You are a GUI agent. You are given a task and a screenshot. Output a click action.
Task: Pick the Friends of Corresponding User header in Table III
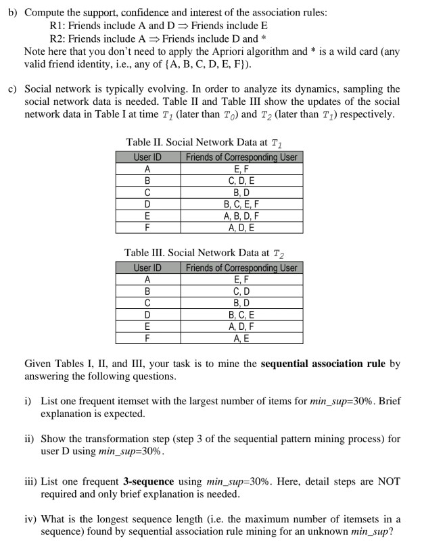click(241, 268)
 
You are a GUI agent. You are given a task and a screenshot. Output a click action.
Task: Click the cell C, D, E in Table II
click(241, 180)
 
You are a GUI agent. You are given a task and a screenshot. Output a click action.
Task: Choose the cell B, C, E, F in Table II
click(241, 203)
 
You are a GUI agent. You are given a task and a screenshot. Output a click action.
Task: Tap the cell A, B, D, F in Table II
click(241, 216)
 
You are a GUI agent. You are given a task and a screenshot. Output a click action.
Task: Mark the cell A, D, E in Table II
click(241, 227)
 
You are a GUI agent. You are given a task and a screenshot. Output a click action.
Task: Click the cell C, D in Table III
click(241, 291)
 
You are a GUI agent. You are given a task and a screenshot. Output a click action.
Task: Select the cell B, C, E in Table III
click(241, 314)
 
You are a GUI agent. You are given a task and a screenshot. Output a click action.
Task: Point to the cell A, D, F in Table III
click(241, 326)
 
